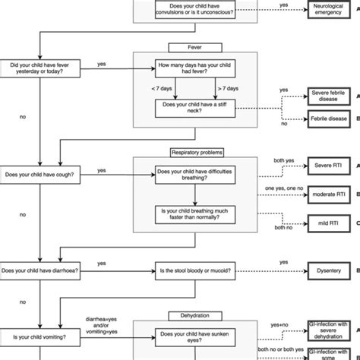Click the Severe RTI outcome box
point(329,165)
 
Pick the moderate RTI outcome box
point(329,194)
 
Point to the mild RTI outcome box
point(329,223)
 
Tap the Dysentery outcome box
point(329,270)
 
